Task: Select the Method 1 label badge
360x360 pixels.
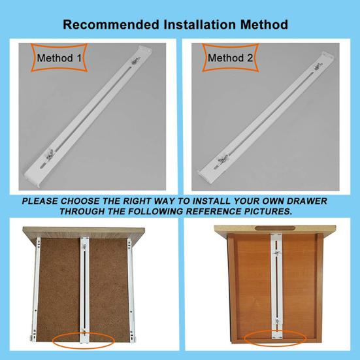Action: (x=59, y=58)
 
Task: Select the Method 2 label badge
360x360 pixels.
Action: (x=231, y=58)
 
